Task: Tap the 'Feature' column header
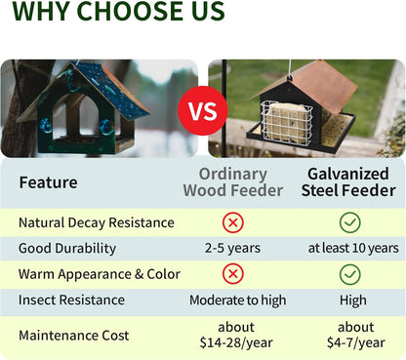[49, 182]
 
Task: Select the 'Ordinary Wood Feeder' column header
[232, 182]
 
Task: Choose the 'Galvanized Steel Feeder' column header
[349, 182]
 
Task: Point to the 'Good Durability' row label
[67, 249]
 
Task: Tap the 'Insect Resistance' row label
[71, 300]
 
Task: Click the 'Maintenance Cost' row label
[74, 336]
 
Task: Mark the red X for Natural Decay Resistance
[233, 222]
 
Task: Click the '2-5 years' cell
[233, 249]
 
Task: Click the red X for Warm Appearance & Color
[233, 274]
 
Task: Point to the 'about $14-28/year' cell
[233, 336]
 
